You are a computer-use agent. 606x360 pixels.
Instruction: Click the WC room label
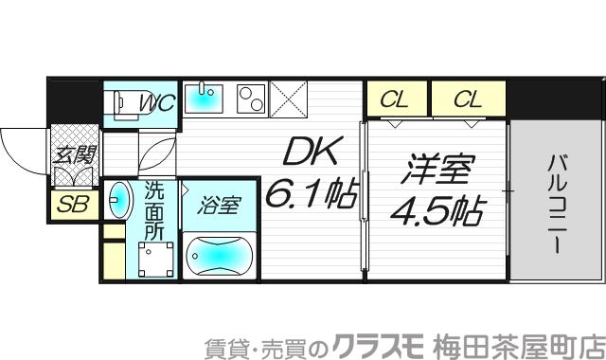click(157, 103)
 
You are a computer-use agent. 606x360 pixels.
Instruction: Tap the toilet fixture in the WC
click(122, 102)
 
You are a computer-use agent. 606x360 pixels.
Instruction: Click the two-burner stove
click(251, 99)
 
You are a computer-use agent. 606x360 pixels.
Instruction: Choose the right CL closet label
click(469, 98)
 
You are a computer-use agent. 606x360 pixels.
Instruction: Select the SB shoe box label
click(69, 203)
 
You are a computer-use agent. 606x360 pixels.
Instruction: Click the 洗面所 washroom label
click(152, 209)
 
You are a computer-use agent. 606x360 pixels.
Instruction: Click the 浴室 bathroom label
click(220, 204)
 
